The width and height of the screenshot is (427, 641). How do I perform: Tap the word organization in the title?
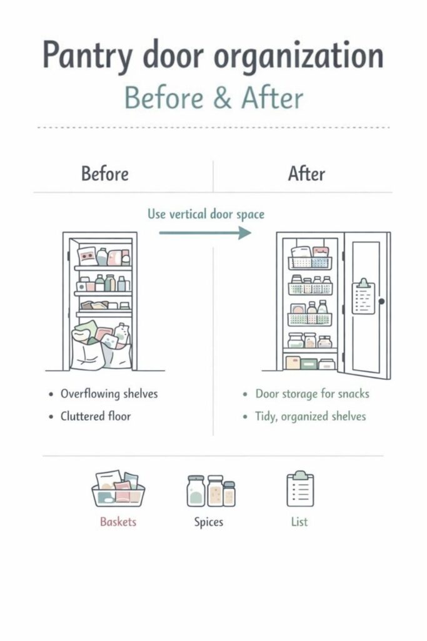point(298,56)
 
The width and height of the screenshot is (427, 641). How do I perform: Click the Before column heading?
point(105,173)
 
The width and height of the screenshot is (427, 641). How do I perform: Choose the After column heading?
point(306,173)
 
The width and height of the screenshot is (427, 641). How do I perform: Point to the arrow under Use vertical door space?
point(204,233)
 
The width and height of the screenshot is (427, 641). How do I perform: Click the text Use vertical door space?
point(206,214)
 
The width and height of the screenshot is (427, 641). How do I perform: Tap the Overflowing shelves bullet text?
point(109,394)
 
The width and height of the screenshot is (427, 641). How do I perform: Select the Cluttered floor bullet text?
point(96,416)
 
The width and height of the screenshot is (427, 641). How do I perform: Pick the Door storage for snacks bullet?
point(312,394)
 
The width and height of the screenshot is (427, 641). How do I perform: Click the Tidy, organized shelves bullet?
point(310,416)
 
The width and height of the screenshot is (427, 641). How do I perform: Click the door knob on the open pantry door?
point(381,301)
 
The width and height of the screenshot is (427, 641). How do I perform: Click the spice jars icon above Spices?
point(211,490)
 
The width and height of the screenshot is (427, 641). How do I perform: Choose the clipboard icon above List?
point(300,489)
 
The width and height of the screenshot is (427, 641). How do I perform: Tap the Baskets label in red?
point(118,521)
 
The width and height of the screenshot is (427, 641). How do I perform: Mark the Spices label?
point(208,521)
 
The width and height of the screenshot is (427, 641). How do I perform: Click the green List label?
point(299,521)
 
